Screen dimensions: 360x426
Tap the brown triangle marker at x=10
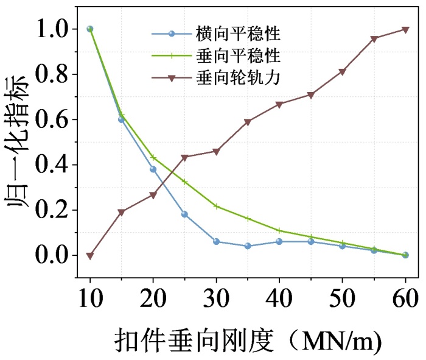point(90,256)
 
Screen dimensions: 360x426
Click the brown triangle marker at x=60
point(405,29)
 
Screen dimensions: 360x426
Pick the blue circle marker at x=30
point(216,241)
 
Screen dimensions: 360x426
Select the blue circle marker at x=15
point(121,119)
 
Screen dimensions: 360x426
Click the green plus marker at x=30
point(216,206)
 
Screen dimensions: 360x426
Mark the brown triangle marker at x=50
point(342,72)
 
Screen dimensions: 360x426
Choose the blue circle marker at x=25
point(184,214)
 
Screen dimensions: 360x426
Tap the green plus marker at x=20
point(153,157)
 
